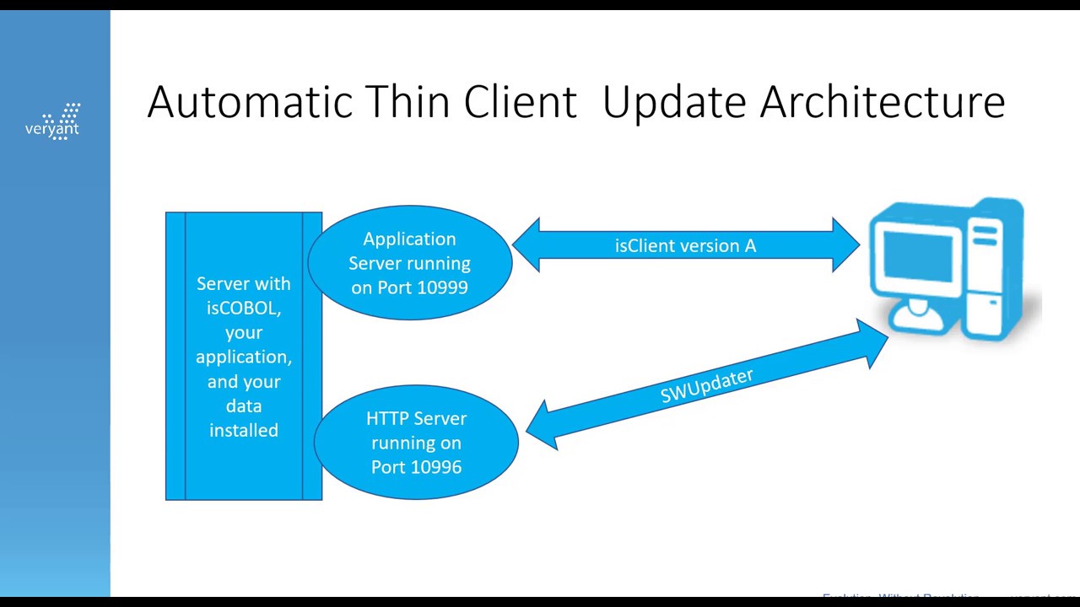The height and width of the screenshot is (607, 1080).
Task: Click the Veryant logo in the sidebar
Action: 53,122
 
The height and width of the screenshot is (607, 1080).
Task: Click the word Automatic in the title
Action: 249,102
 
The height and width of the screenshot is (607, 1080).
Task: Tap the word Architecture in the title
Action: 882,102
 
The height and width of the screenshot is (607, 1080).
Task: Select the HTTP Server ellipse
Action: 416,443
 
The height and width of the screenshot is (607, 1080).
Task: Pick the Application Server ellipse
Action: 410,262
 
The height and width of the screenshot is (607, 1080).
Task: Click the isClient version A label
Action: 685,245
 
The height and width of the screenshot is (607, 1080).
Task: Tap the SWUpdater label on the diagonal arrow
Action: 706,385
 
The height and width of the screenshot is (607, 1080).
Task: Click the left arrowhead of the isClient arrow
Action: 527,245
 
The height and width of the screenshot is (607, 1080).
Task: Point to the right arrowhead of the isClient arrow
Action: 845,245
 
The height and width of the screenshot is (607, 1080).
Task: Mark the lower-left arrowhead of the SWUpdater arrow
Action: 543,427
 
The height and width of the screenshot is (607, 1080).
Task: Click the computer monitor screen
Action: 915,252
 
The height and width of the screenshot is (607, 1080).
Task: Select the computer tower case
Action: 994,270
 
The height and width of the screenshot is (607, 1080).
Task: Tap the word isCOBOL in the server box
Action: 243,308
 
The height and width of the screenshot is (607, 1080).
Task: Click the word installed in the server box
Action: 243,430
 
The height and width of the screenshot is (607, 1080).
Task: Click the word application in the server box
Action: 243,357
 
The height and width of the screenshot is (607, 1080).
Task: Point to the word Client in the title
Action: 520,102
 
